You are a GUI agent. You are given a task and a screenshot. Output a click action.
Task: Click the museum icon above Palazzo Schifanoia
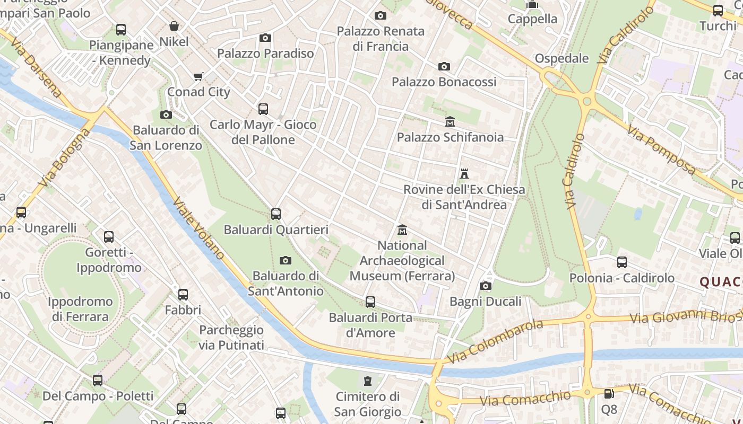click(450, 122)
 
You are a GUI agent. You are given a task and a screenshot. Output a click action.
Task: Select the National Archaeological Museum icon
click(402, 230)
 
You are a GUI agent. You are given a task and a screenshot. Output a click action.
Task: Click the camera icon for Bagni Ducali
click(485, 286)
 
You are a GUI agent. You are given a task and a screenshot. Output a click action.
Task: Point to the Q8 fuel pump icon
click(609, 394)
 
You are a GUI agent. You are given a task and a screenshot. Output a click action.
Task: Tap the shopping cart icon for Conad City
click(198, 77)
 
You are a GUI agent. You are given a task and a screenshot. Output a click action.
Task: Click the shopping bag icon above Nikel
click(174, 26)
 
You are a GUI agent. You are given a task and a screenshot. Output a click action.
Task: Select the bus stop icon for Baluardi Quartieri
click(276, 214)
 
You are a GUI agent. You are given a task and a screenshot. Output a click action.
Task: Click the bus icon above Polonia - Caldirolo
click(621, 262)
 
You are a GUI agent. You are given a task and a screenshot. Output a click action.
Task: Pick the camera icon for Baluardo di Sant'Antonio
click(286, 260)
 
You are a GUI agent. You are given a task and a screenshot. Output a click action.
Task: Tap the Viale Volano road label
click(199, 228)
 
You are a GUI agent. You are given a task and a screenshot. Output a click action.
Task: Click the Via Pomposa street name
click(661, 149)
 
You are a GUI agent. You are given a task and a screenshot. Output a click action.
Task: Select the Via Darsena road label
click(36, 67)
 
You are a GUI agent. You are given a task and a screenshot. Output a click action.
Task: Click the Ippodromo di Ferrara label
click(80, 309)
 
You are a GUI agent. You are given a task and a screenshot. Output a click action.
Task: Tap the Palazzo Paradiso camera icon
click(265, 38)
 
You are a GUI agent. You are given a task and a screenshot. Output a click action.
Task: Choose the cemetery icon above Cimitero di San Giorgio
click(367, 381)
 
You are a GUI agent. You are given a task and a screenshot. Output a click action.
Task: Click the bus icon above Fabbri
click(183, 294)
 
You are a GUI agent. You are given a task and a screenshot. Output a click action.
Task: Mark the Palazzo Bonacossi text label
click(444, 82)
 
